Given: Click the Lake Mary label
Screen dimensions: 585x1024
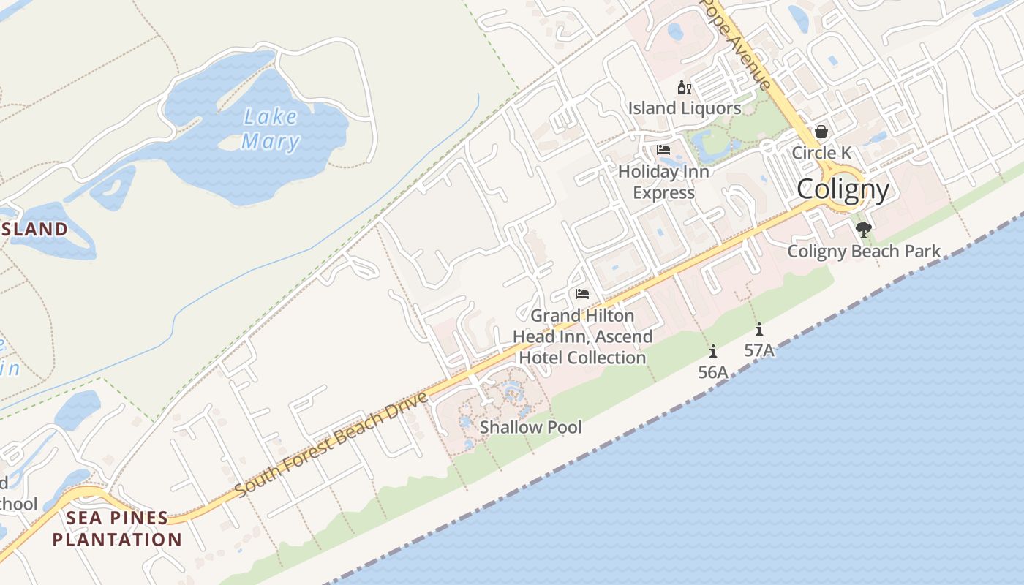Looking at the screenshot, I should pyautogui.click(x=270, y=129).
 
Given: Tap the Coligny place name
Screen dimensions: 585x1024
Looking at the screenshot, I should pyautogui.click(x=843, y=189).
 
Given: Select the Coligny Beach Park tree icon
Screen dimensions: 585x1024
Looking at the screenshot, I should pyautogui.click(x=864, y=230).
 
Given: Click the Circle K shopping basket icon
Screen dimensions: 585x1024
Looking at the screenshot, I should pyautogui.click(x=821, y=132).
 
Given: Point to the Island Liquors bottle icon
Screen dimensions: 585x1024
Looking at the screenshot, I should pyautogui.click(x=685, y=88).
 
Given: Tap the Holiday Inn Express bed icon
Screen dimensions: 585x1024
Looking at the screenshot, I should pyautogui.click(x=663, y=150).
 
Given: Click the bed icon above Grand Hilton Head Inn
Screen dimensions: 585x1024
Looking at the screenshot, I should pyautogui.click(x=582, y=294).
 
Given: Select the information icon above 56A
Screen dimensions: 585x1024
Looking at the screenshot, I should pyautogui.click(x=713, y=351).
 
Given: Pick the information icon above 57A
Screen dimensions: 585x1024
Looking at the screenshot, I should pyautogui.click(x=759, y=329).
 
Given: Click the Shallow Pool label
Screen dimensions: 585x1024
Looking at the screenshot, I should pyautogui.click(x=530, y=427).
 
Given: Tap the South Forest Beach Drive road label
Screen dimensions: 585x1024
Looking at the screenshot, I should pyautogui.click(x=331, y=445).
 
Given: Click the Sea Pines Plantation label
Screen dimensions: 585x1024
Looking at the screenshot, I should pyautogui.click(x=117, y=529).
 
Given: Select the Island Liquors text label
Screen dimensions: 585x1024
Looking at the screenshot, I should pyautogui.click(x=685, y=108).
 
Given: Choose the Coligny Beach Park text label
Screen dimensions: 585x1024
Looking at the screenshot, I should pyautogui.click(x=864, y=252).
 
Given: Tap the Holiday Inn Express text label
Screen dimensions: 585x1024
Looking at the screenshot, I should pyautogui.click(x=663, y=182).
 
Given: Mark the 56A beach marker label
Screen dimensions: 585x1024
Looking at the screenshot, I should pyautogui.click(x=713, y=372).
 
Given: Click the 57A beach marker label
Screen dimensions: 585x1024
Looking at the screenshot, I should pyautogui.click(x=759, y=350).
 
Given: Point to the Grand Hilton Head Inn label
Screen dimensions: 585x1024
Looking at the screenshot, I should pyautogui.click(x=582, y=336).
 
